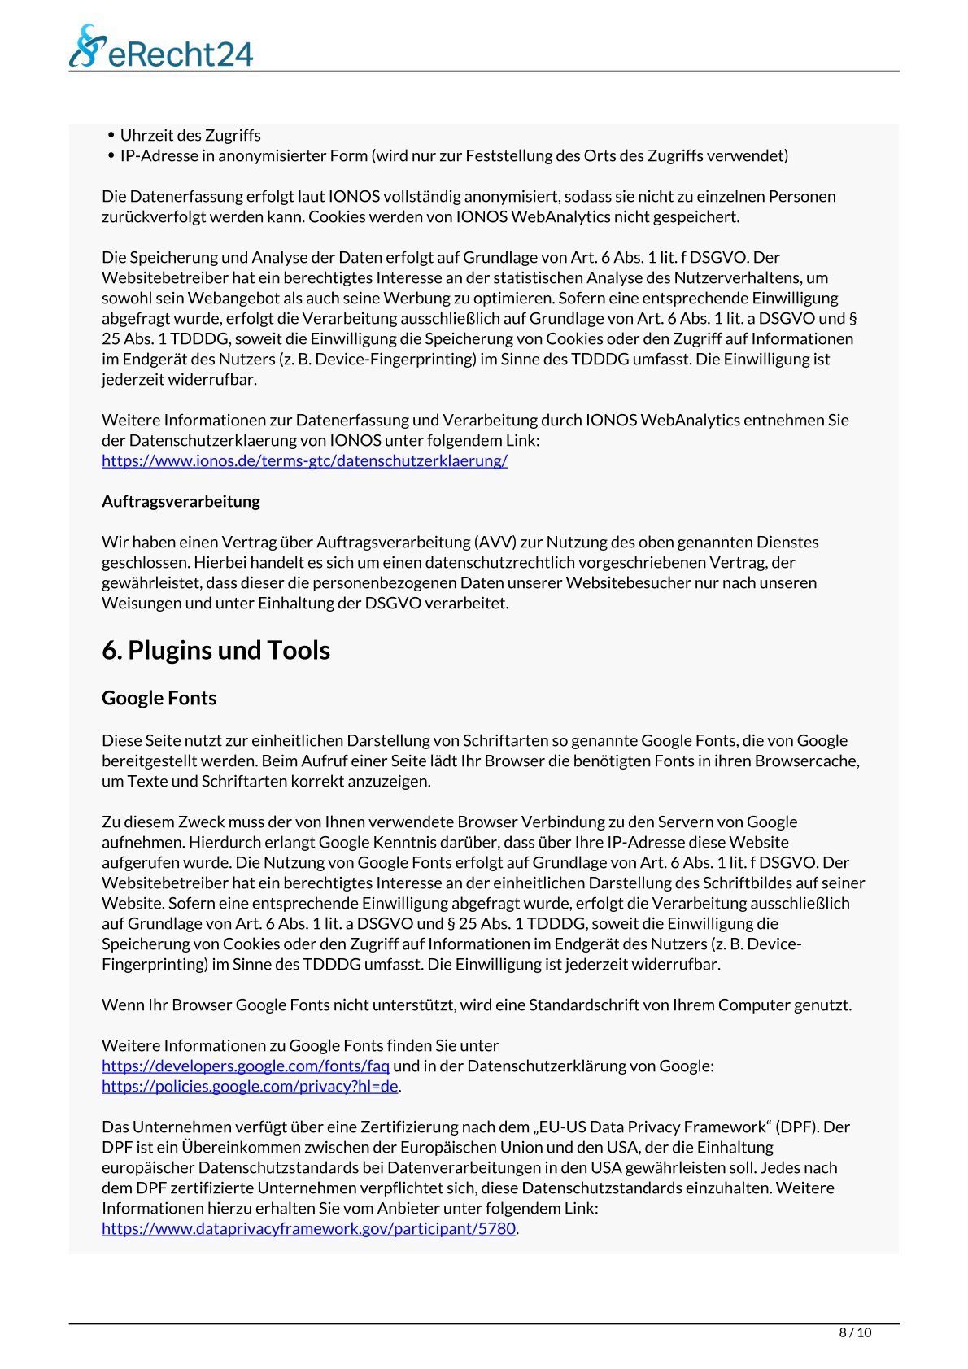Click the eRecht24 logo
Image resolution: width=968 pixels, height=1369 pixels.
point(160,47)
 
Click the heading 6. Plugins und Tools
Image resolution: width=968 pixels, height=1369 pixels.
point(216,650)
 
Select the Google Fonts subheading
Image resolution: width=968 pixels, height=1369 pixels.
point(159,698)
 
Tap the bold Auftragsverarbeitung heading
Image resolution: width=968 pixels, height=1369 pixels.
point(181,501)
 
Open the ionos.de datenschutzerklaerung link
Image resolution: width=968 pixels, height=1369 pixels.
point(304,460)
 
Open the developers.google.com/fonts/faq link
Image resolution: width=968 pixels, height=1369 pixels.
point(245,1066)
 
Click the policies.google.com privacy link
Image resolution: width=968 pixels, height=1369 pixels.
point(250,1086)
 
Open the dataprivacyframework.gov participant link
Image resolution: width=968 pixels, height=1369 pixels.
point(308,1228)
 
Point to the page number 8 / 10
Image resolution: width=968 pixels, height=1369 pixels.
point(855,1332)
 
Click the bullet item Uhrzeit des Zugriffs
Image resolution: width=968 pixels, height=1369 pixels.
point(190,135)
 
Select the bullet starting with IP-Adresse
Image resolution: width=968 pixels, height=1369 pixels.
point(454,155)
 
